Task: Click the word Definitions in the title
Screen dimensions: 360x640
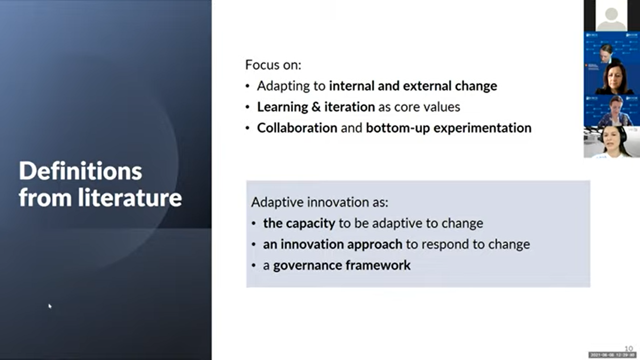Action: click(80, 172)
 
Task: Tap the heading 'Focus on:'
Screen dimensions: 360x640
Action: click(273, 65)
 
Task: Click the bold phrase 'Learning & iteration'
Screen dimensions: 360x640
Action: click(316, 107)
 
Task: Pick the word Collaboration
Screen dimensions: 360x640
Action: click(297, 128)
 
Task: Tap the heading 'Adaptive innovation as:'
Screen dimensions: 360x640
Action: click(320, 202)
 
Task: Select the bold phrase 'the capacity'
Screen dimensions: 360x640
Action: click(299, 223)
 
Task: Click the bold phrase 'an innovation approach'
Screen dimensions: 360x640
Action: click(333, 244)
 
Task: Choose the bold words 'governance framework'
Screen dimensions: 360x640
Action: click(342, 265)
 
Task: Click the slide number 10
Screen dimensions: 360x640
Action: click(629, 348)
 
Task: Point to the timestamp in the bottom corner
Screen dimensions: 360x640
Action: click(612, 355)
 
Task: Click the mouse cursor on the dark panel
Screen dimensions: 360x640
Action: click(50, 306)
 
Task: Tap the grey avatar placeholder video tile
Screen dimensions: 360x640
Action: click(611, 15)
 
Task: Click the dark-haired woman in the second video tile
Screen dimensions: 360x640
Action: click(613, 78)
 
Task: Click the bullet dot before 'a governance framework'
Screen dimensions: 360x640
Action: click(253, 266)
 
